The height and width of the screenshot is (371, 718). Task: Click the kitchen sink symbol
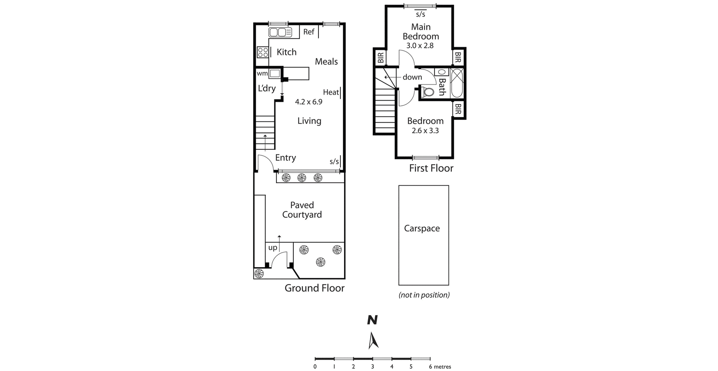click(x=280, y=32)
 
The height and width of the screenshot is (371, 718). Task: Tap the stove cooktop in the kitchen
click(x=263, y=52)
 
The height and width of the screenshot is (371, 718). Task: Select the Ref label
click(x=309, y=32)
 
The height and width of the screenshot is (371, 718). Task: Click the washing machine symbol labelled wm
click(x=275, y=73)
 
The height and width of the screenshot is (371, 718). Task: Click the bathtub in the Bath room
click(x=457, y=83)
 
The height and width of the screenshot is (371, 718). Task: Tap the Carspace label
click(x=422, y=228)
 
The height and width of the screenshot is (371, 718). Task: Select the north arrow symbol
click(x=373, y=340)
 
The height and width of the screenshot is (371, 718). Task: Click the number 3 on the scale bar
click(x=372, y=367)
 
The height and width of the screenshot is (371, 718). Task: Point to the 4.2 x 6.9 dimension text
click(x=309, y=102)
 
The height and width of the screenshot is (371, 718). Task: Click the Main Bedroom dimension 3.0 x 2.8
click(x=420, y=46)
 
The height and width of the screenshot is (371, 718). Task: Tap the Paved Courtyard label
click(x=302, y=210)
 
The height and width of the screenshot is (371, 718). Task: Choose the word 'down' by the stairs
click(x=412, y=77)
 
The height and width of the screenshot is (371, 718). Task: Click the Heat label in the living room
click(x=331, y=92)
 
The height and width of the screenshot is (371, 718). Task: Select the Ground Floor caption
click(x=315, y=288)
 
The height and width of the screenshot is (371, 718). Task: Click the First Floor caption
click(x=431, y=168)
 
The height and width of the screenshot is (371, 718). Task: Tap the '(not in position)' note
click(x=424, y=295)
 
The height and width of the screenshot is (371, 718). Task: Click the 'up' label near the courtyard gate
click(x=273, y=248)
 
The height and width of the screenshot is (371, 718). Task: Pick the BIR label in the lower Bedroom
click(x=458, y=109)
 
